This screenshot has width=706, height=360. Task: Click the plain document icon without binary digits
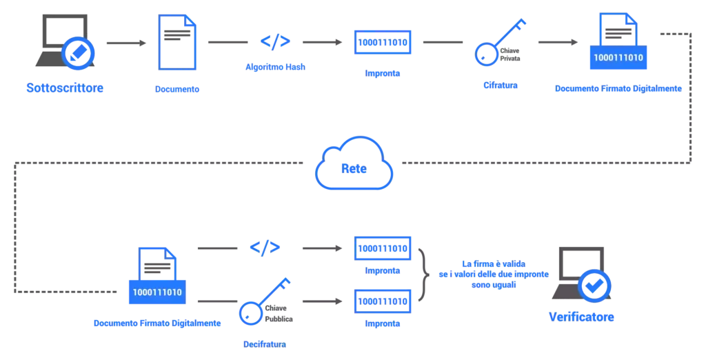176,43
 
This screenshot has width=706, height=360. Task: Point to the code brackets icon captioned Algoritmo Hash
274,41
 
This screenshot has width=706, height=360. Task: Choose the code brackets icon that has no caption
265,247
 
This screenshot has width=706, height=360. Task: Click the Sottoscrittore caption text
64,88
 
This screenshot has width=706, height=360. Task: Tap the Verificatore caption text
581,318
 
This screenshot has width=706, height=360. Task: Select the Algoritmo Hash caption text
274,67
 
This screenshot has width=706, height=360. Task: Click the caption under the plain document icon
178,89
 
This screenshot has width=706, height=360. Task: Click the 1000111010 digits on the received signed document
158,292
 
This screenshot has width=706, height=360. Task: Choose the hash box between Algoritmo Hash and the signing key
383,42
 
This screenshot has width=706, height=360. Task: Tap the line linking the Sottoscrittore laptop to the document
125,43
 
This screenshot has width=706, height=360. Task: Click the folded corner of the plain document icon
191,21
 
